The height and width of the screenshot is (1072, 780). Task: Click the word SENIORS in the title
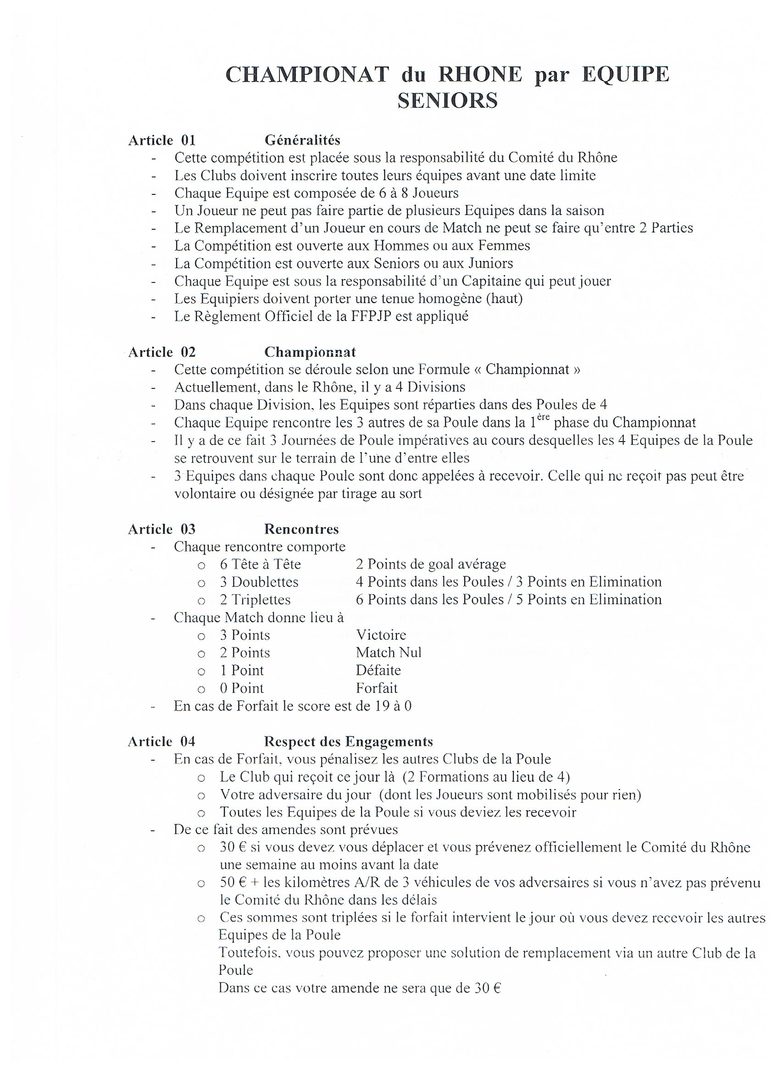(447, 101)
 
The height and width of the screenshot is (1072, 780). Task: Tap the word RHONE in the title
(480, 75)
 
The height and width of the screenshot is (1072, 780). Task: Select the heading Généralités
(302, 140)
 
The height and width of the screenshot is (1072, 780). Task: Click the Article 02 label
(162, 352)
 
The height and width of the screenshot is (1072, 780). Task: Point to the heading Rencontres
(301, 529)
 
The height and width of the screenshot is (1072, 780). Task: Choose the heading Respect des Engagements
(348, 741)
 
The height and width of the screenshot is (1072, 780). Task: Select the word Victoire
(381, 635)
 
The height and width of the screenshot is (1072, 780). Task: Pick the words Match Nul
(388, 653)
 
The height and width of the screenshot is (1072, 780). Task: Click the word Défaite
(379, 670)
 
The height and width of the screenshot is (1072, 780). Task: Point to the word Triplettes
(261, 600)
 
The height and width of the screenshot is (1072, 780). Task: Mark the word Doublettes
(265, 582)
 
